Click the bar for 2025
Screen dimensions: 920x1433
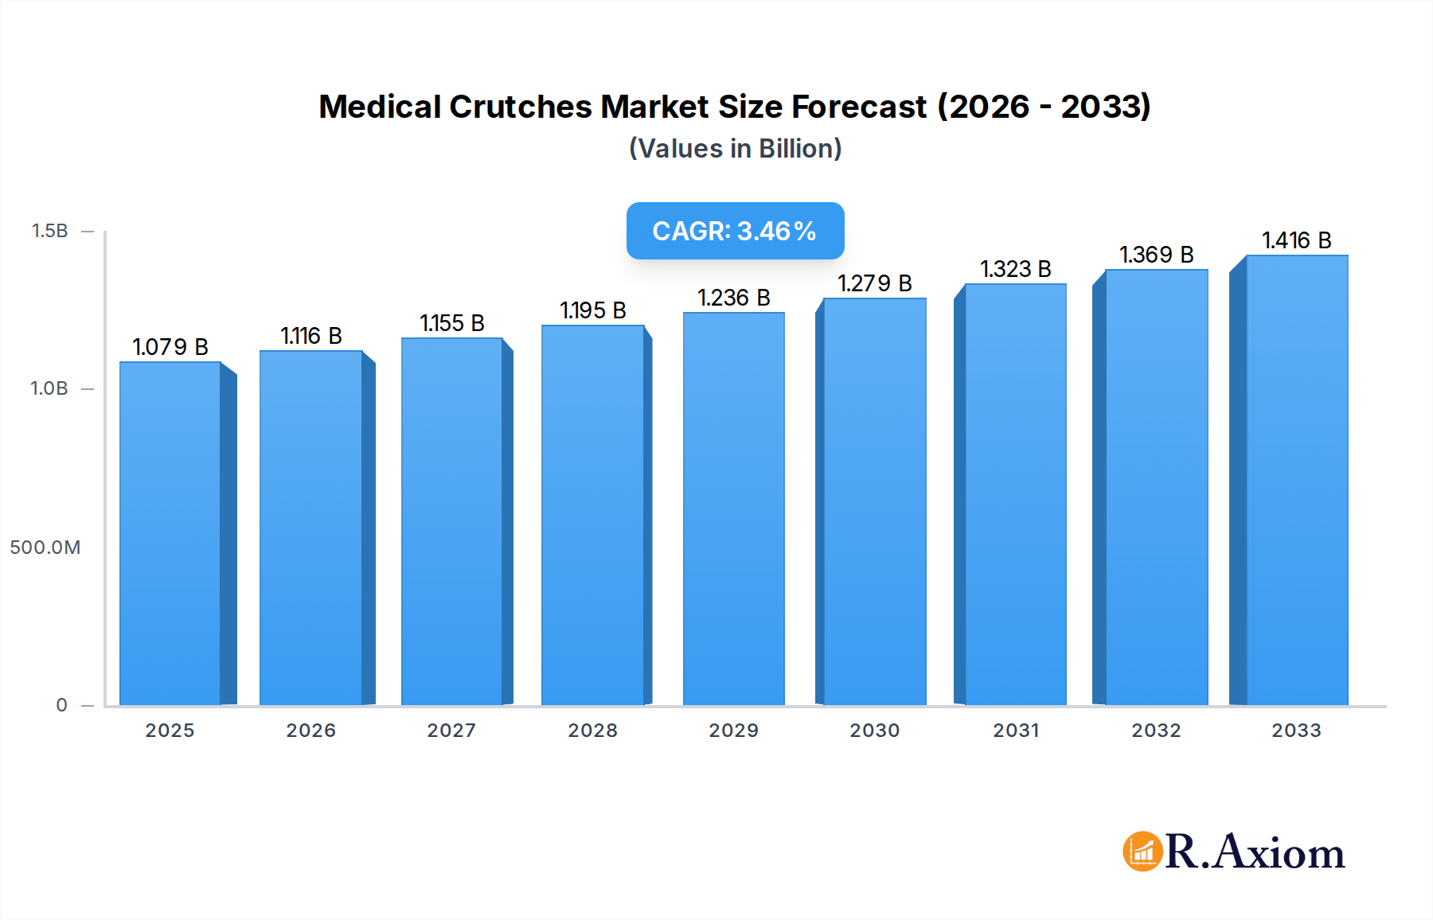click(x=170, y=533)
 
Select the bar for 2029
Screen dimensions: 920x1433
click(x=733, y=509)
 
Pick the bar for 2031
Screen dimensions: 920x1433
click(x=1015, y=494)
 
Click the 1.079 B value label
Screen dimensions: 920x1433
click(x=170, y=347)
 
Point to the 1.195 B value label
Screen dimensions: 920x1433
click(x=593, y=310)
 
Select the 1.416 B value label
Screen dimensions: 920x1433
click(x=1297, y=240)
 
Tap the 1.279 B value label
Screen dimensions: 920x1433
click(x=874, y=283)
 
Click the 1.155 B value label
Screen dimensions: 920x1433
click(x=452, y=323)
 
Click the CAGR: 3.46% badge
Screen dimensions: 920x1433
click(x=735, y=231)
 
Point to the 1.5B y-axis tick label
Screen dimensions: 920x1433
click(x=49, y=231)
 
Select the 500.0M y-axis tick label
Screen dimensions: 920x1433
click(x=45, y=548)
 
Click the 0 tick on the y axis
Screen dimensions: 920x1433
click(x=62, y=705)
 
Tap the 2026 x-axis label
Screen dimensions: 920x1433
click(x=311, y=731)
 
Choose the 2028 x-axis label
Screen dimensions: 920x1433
click(x=593, y=731)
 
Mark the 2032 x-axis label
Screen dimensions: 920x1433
click(x=1156, y=731)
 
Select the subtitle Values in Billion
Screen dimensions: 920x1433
click(x=735, y=149)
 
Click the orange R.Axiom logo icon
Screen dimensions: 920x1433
click(x=1142, y=852)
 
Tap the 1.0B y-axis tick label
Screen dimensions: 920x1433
click(x=49, y=388)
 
